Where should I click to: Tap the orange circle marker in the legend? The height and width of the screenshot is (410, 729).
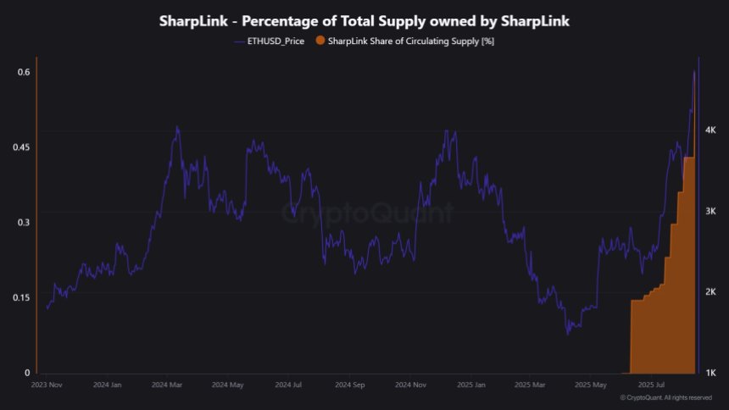(x=320, y=41)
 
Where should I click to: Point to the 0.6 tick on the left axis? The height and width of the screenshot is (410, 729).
(x=24, y=72)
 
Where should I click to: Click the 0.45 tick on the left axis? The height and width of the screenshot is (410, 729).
(x=21, y=147)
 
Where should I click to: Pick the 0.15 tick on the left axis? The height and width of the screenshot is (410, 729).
(x=21, y=297)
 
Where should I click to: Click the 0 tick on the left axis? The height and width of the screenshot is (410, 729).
(x=27, y=373)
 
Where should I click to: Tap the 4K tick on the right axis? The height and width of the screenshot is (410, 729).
(x=711, y=130)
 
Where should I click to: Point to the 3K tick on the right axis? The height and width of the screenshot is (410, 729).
(x=711, y=211)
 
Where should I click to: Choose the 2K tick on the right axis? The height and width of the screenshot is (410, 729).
(x=711, y=292)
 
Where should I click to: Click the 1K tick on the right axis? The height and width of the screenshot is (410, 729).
(x=711, y=373)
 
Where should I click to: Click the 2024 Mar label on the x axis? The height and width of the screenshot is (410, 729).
(x=167, y=385)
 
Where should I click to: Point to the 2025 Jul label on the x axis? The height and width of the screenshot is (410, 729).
(x=654, y=385)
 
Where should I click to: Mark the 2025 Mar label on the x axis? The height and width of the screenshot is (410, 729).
(x=533, y=385)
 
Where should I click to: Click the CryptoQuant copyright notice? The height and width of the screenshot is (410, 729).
(x=665, y=397)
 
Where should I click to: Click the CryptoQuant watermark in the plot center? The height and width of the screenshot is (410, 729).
(x=367, y=213)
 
